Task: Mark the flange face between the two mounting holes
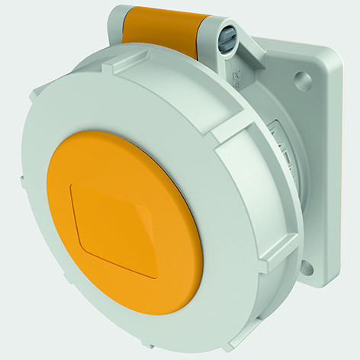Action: click(320, 175)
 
